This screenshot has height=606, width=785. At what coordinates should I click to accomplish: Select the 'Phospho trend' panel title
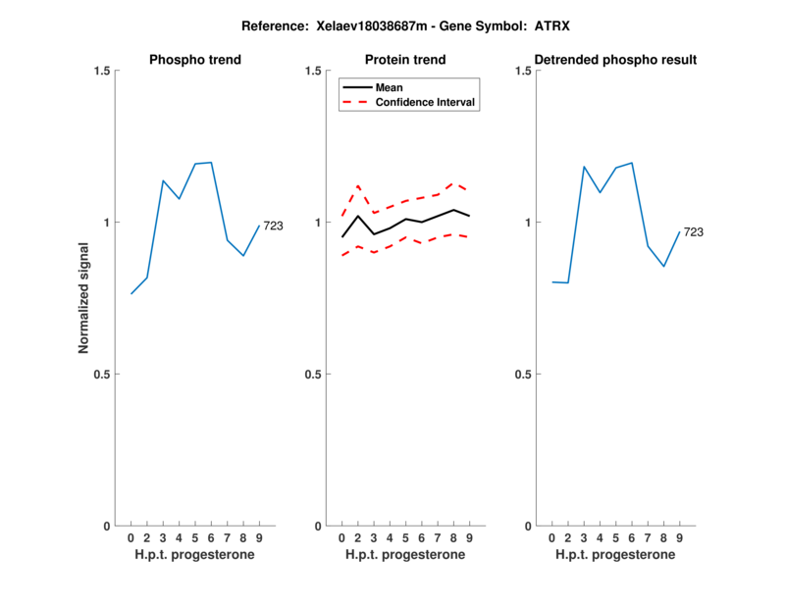pyautogui.click(x=195, y=60)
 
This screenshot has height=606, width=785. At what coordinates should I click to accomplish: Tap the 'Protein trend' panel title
pyautogui.click(x=405, y=60)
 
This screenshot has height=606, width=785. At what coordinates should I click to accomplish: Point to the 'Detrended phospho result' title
pyautogui.click(x=615, y=60)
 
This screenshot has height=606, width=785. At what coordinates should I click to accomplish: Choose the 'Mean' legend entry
pyautogui.click(x=390, y=87)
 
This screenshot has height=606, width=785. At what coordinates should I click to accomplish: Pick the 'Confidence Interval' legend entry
pyautogui.click(x=426, y=102)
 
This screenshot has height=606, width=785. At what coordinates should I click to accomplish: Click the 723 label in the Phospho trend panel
pyautogui.click(x=273, y=227)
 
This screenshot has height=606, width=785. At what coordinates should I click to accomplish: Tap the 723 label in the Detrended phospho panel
pyautogui.click(x=694, y=232)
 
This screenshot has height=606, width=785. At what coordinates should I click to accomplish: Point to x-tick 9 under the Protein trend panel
pyautogui.click(x=469, y=537)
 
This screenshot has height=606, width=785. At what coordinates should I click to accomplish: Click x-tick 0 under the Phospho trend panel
pyautogui.click(x=131, y=537)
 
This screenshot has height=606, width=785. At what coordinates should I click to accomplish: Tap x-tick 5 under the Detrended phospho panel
pyautogui.click(x=615, y=537)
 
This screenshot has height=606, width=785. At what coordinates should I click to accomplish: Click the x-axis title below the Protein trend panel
pyautogui.click(x=405, y=555)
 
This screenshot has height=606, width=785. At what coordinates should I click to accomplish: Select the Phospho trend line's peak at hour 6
pyautogui.click(x=211, y=163)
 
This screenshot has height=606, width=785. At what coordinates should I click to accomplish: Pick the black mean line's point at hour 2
pyautogui.click(x=358, y=216)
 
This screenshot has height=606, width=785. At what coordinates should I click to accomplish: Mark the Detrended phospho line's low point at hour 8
pyautogui.click(x=663, y=266)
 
